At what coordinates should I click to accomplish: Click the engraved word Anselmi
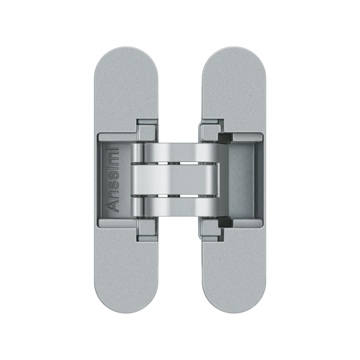pos(112,180)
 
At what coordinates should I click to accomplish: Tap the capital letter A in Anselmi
pos(113,206)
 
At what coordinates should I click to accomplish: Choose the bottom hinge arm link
pos(179,206)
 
